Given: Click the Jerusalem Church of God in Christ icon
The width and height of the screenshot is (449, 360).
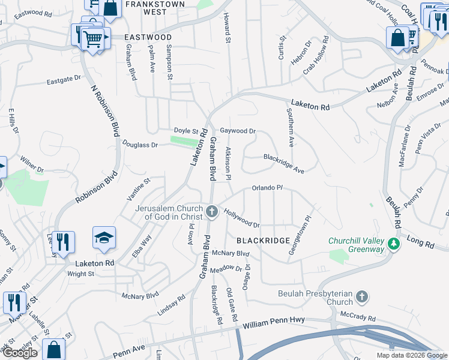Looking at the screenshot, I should (211, 211).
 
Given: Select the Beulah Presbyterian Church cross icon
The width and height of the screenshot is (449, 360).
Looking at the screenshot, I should (361, 296).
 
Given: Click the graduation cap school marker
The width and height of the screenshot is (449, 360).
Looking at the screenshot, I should (104, 238).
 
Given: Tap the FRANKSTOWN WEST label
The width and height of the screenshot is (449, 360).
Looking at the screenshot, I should (147, 7).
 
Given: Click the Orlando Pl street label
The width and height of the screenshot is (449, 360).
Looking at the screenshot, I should (267, 188).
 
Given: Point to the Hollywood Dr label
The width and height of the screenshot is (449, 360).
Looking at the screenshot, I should (241, 218).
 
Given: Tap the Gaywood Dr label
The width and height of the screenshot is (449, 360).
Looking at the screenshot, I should (238, 130).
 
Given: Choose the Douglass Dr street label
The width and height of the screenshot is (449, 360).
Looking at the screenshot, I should (140, 145).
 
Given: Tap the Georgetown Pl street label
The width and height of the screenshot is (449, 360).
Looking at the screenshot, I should (300, 236).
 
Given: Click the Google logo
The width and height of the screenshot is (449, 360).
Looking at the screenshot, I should (20, 353).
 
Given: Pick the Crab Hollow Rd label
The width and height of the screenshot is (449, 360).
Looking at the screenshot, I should (316, 56).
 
